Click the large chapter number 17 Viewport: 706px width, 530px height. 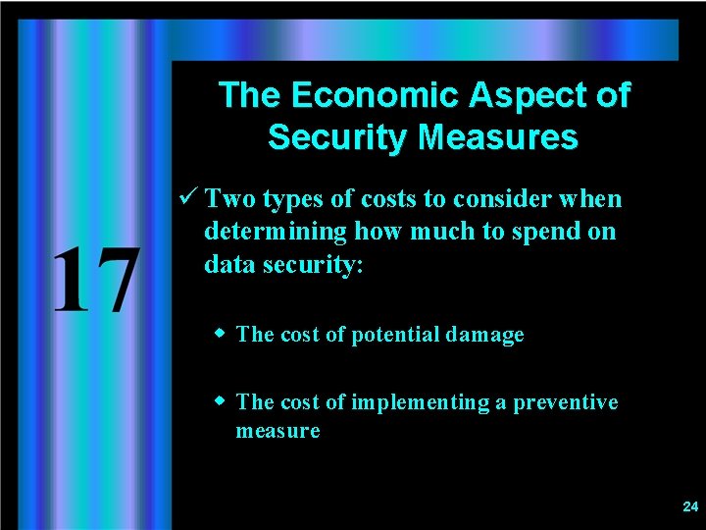click(x=94, y=282)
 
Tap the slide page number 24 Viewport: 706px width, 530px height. click(x=689, y=506)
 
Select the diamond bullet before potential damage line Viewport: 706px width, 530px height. click(x=222, y=334)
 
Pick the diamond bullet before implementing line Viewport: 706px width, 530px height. click(x=222, y=401)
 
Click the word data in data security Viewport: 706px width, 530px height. click(x=227, y=264)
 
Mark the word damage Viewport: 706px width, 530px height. click(x=484, y=335)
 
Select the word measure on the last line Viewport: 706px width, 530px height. click(x=277, y=431)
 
